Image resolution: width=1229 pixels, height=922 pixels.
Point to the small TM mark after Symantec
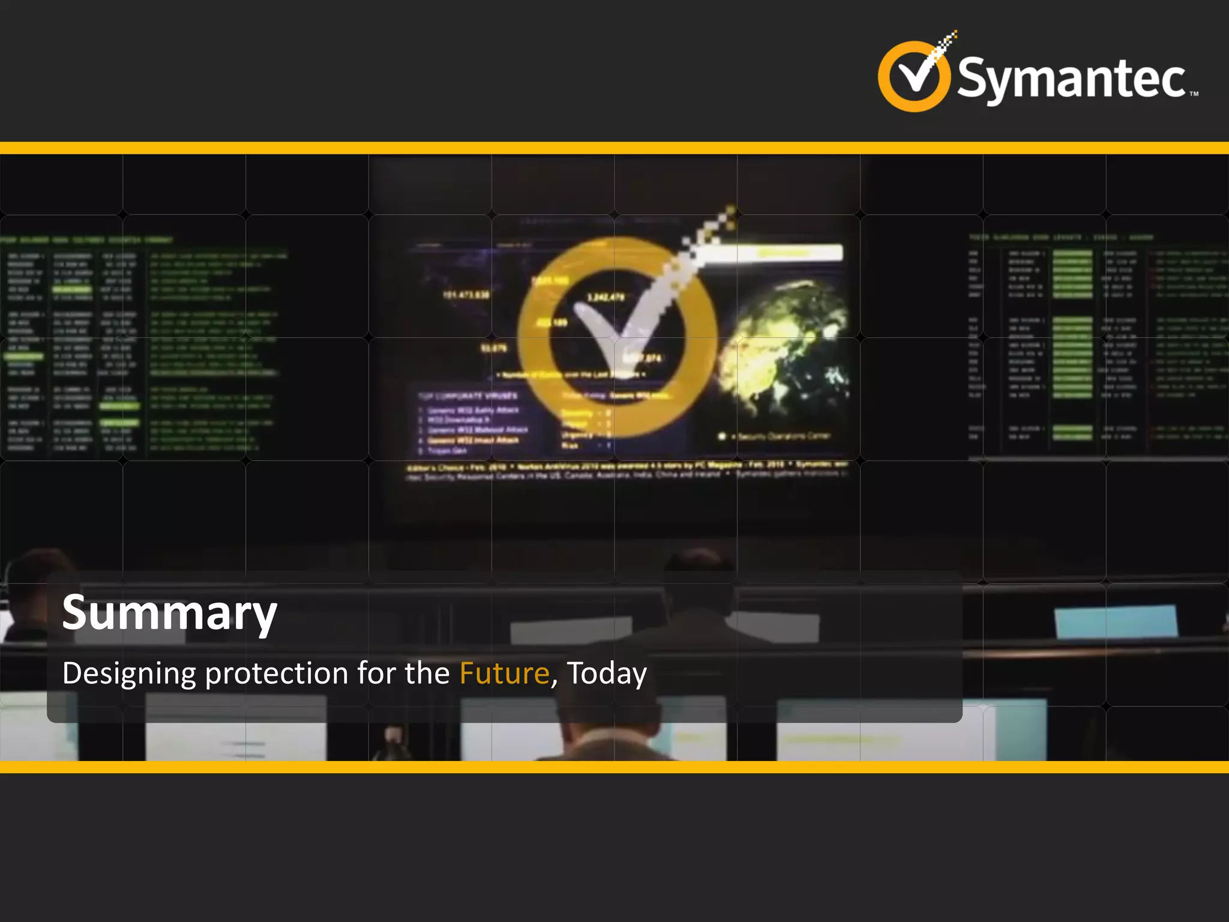tap(1194, 94)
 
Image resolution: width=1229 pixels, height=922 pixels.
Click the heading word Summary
tap(169, 613)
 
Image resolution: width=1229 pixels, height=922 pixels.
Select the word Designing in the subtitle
tap(129, 673)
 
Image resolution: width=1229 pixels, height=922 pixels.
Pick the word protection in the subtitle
tap(277, 673)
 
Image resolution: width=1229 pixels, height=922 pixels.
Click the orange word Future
tap(504, 673)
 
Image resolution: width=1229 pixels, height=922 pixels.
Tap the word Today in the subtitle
tap(607, 673)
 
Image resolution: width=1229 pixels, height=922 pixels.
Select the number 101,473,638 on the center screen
tap(466, 295)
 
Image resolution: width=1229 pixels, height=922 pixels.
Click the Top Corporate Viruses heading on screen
tap(467, 396)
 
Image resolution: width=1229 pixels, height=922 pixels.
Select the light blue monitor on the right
tap(1116, 622)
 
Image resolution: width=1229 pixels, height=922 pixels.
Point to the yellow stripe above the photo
tap(614, 148)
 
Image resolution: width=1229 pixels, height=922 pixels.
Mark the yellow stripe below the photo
tap(614, 767)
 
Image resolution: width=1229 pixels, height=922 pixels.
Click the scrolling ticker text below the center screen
tap(627, 471)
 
